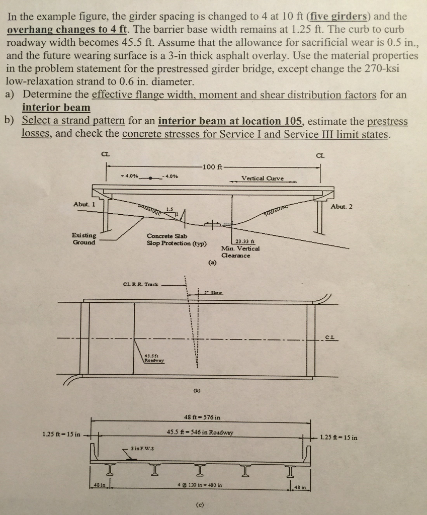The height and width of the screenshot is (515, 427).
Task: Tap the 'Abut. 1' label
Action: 84,204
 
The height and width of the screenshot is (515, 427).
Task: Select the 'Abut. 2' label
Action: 341,206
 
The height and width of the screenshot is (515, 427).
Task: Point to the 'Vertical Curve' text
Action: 262,178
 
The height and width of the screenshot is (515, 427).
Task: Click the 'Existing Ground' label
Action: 84,238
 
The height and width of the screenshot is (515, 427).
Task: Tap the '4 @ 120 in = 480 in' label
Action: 200,485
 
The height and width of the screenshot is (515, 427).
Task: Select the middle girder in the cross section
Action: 200,470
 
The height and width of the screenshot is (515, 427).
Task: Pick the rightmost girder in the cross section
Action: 290,470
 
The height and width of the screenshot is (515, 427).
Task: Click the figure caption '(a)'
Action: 212,263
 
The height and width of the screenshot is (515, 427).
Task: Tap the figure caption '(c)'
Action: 200,505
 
